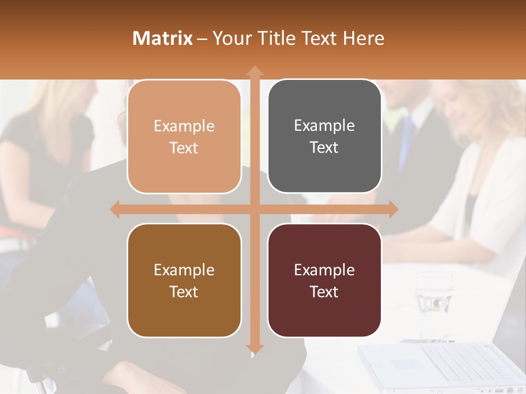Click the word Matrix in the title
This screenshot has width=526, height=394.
[163, 38]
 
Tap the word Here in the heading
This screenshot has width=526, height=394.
[363, 38]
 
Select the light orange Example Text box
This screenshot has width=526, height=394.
[184, 137]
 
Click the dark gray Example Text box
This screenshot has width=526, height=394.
[324, 136]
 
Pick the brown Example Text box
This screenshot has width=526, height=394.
[184, 280]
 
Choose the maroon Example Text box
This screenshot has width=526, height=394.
[324, 280]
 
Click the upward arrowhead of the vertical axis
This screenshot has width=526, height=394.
[254, 72]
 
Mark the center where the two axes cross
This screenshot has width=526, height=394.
[254, 210]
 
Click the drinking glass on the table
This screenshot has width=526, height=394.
[434, 298]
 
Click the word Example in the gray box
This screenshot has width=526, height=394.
[324, 125]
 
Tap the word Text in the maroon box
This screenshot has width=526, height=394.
[324, 292]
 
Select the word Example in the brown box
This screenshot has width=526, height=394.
[184, 270]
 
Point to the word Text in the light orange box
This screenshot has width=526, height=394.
[184, 148]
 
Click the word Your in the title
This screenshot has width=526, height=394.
[230, 38]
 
